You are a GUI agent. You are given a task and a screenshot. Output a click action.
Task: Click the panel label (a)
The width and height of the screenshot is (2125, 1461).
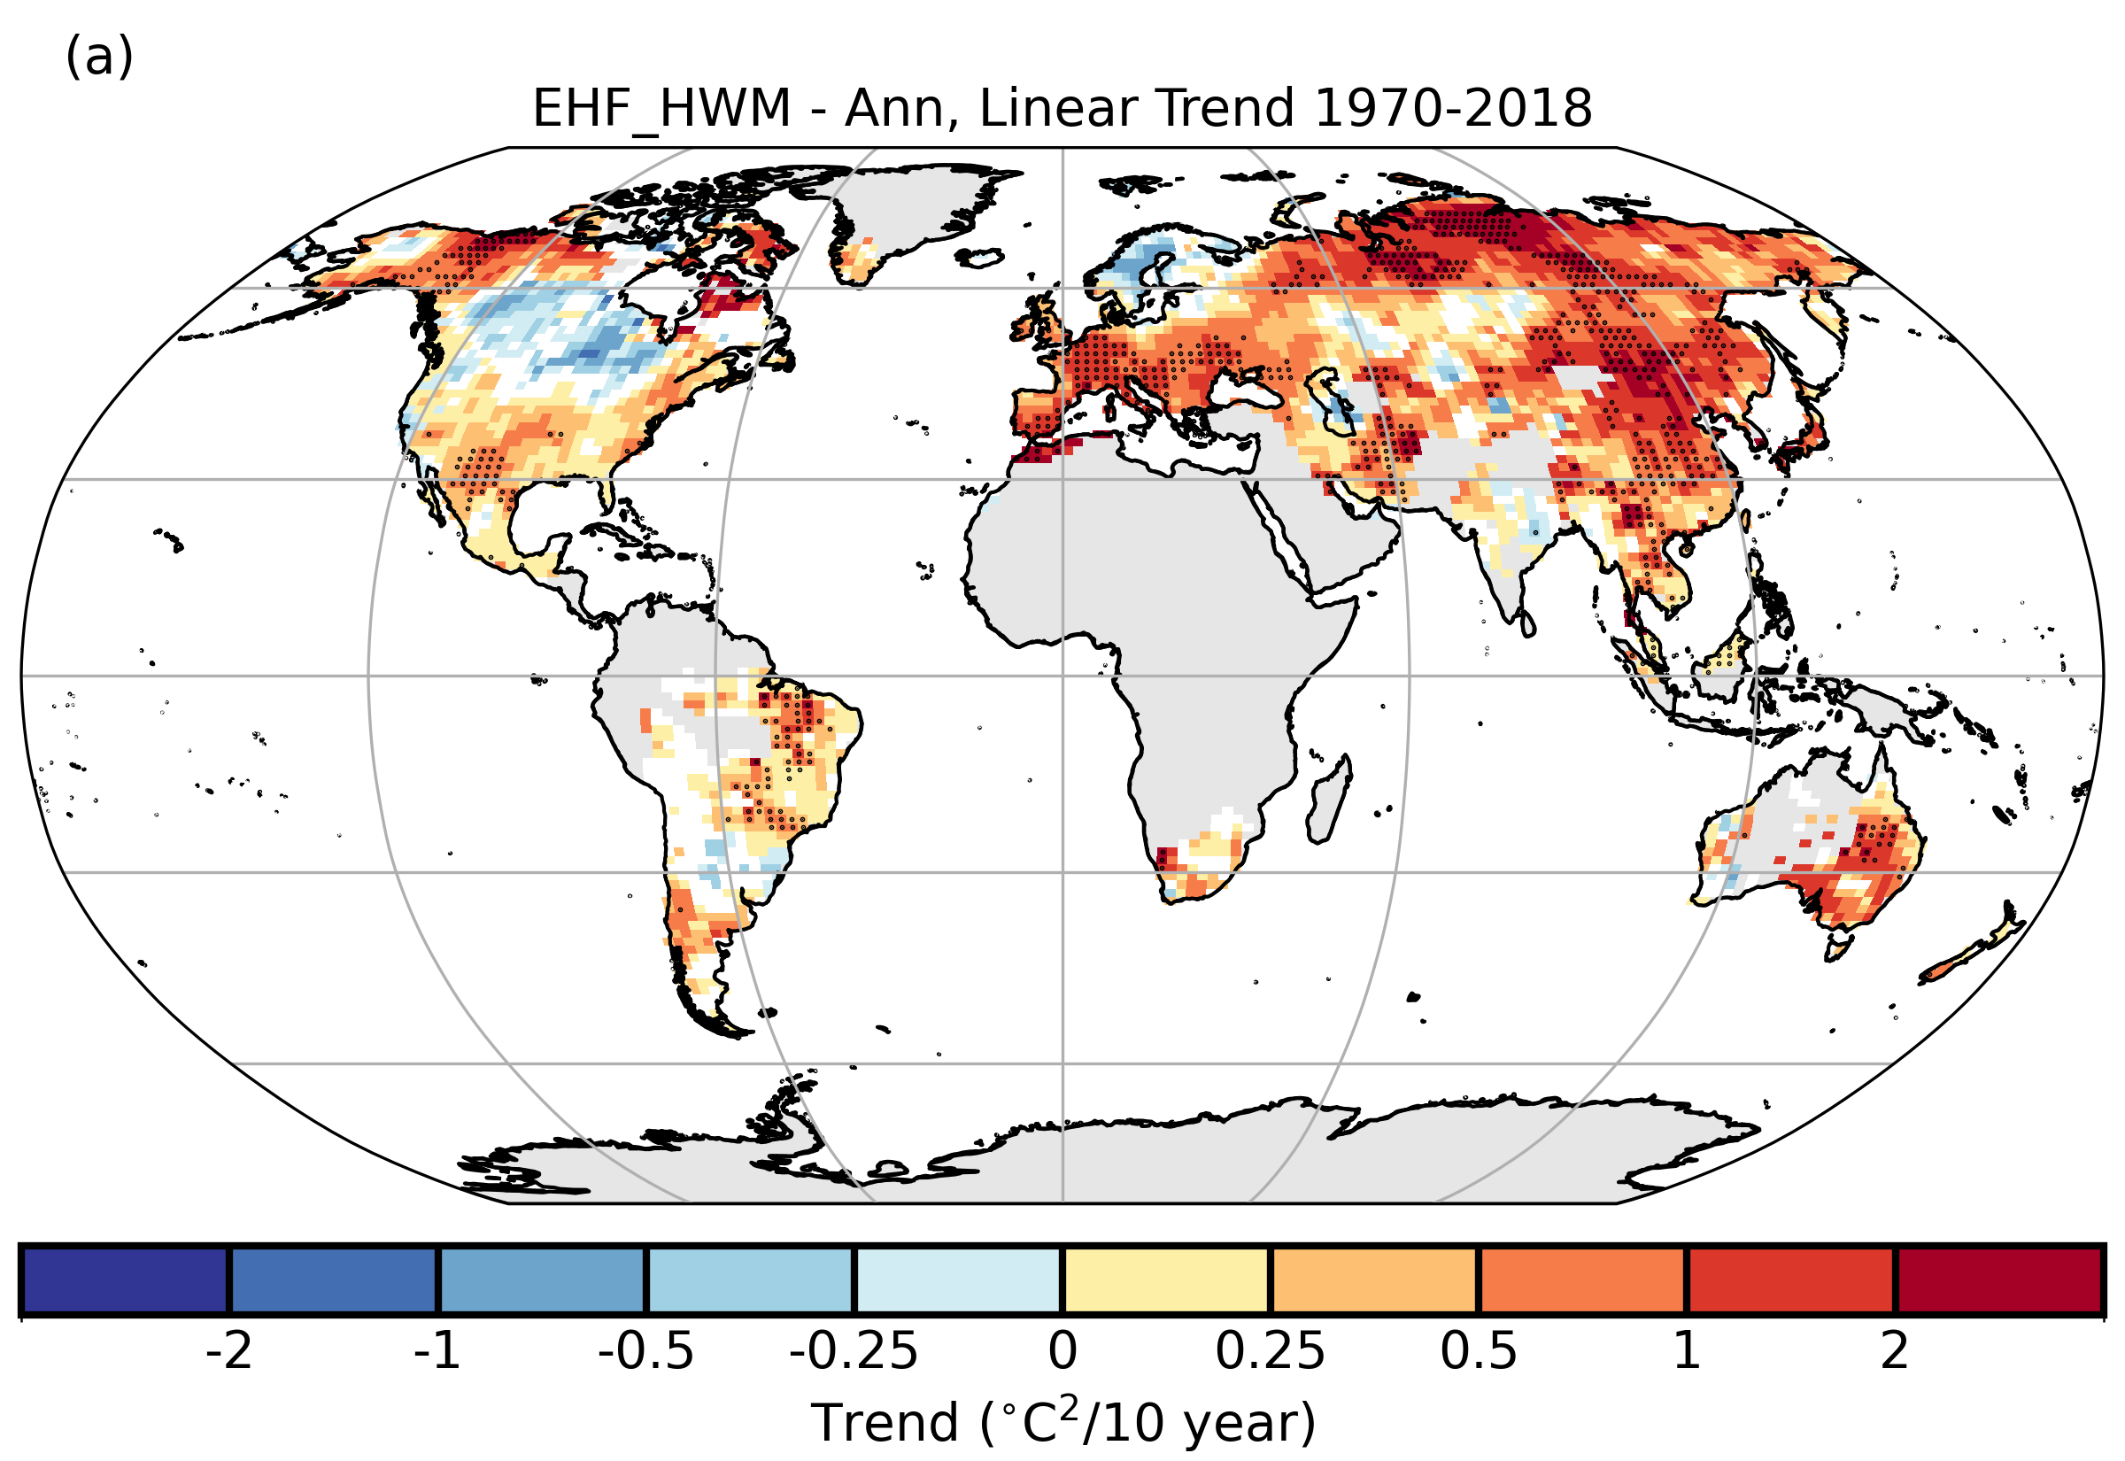coord(99,57)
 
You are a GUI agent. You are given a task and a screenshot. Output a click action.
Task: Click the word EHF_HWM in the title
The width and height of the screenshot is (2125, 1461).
coord(661,109)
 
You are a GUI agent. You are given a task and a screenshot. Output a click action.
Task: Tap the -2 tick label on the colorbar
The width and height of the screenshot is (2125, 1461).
coord(228,1351)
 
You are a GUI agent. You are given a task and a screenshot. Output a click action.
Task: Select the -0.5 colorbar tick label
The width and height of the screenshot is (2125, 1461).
coord(646,1351)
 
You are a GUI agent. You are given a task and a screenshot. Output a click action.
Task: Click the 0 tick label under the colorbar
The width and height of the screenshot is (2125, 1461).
coord(1062,1351)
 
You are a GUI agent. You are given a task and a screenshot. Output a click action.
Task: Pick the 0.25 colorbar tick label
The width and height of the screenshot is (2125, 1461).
coord(1271,1351)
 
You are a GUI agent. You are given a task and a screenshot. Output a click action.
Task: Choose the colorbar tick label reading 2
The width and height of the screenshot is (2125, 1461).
coord(1895,1351)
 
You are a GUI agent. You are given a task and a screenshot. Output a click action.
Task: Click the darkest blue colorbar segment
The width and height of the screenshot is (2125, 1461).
coord(125,1280)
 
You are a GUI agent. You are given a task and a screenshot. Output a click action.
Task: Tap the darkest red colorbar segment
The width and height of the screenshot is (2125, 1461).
coord(1998,1280)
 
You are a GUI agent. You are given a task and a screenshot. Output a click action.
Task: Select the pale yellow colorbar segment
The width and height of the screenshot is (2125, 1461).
coord(1166,1280)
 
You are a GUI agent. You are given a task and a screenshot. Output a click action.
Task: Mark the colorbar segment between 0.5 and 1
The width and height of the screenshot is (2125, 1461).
coord(1582,1280)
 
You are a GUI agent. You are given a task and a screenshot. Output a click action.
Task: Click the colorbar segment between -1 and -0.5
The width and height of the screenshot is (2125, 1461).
coord(542,1280)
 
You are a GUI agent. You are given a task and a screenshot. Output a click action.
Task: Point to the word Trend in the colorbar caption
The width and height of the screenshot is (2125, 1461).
coord(884,1424)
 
